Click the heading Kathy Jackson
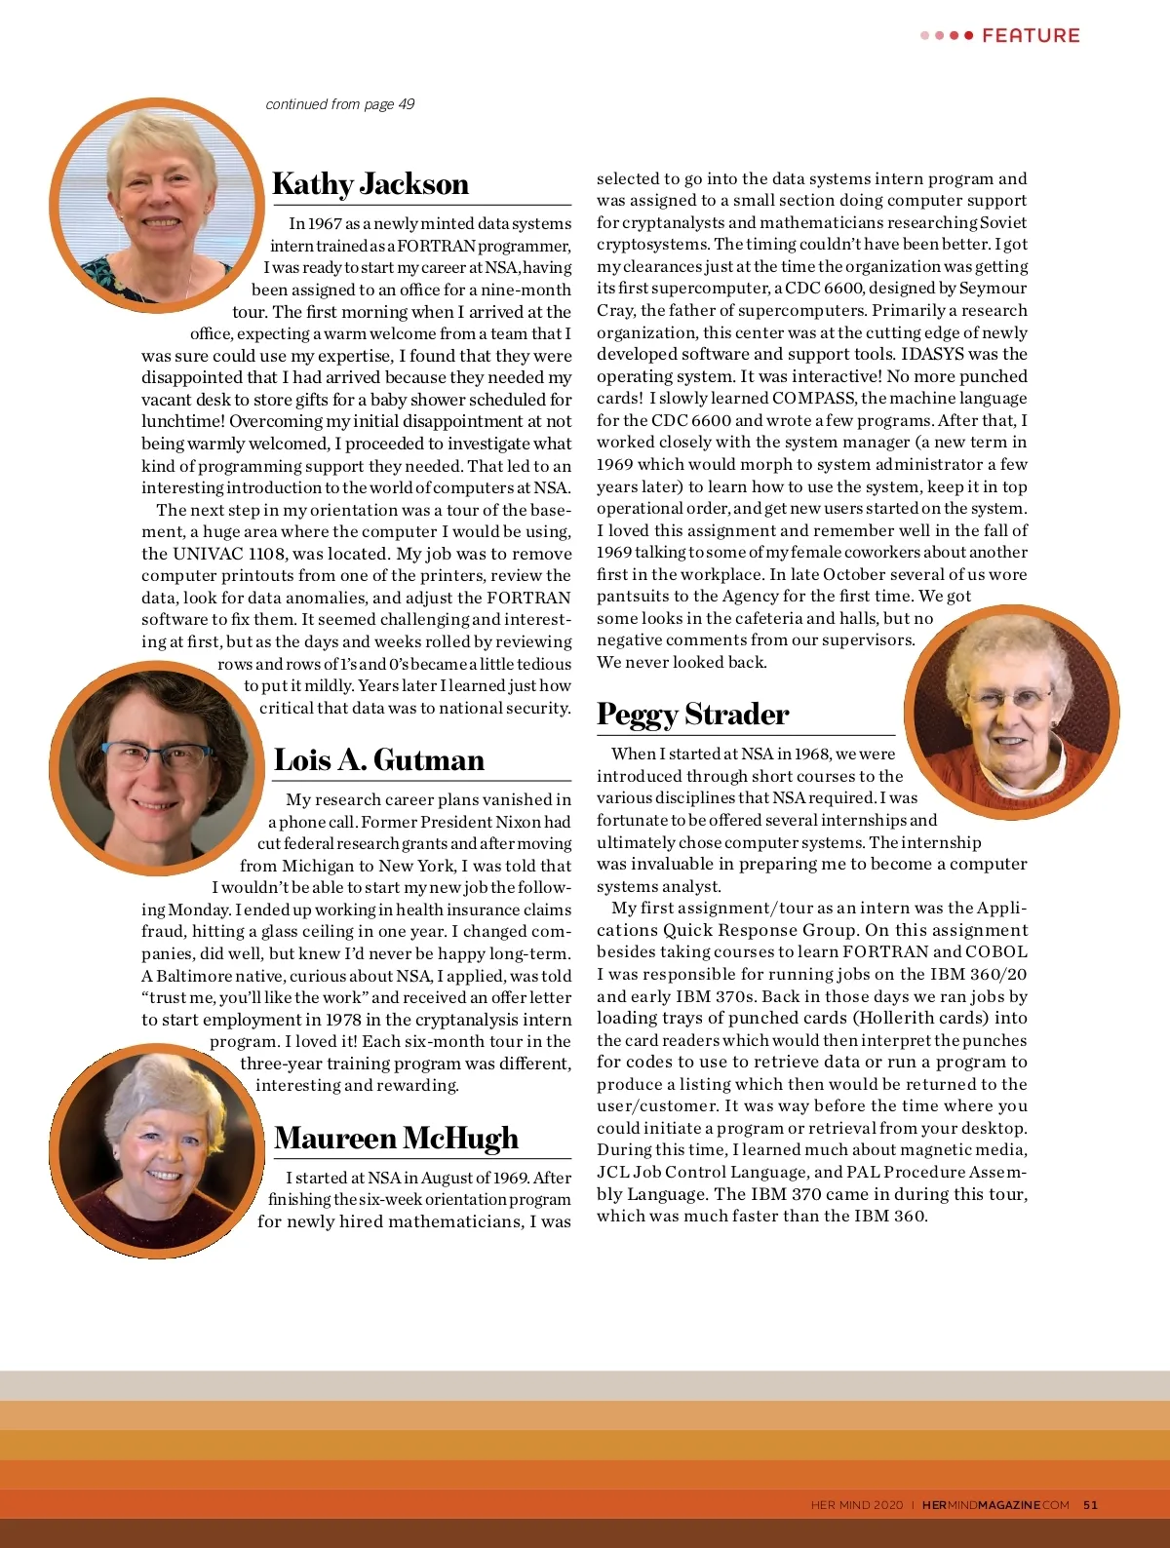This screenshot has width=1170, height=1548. coord(370,184)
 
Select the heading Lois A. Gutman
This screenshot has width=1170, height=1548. coord(378,760)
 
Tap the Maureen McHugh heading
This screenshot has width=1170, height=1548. coord(396,1139)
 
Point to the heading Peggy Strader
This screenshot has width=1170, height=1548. coord(692,715)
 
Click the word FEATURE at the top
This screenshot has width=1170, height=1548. coord(1031,36)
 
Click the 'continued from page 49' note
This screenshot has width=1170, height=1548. coord(339,104)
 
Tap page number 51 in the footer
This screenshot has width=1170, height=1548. coord(1090,1505)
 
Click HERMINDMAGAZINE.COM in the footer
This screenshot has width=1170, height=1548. coord(995,1505)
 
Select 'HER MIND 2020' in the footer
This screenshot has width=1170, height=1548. coord(857,1505)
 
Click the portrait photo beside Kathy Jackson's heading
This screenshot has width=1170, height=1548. coord(157,205)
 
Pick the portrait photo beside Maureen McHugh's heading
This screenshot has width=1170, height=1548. coord(156,1150)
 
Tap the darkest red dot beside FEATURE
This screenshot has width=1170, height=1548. coord(968,36)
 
